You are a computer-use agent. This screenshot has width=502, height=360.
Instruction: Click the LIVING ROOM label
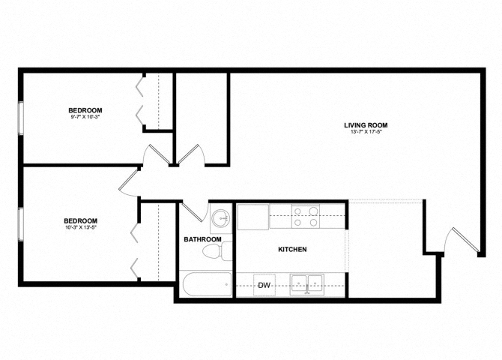[x=366, y=125]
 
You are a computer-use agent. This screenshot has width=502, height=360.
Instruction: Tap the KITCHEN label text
[x=292, y=249]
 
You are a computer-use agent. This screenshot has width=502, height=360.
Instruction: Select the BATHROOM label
[x=203, y=239]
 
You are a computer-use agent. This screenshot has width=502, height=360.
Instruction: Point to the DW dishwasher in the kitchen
[x=264, y=286]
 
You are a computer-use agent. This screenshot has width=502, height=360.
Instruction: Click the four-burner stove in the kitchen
[x=306, y=217]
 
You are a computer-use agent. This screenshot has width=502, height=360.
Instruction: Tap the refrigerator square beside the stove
[x=252, y=217]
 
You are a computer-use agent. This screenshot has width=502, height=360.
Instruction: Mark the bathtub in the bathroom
[x=207, y=285]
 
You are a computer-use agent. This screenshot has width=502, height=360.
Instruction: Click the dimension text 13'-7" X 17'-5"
[x=366, y=133]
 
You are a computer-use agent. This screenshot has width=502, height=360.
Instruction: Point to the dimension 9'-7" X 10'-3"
[x=85, y=117]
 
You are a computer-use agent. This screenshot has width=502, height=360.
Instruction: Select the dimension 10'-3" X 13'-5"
[x=80, y=227]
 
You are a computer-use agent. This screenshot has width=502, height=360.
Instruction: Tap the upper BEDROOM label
[x=85, y=110]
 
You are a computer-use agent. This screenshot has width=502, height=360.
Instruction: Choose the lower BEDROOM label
[x=80, y=220]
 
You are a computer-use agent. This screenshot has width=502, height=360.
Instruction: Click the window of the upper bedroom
[x=21, y=118]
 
